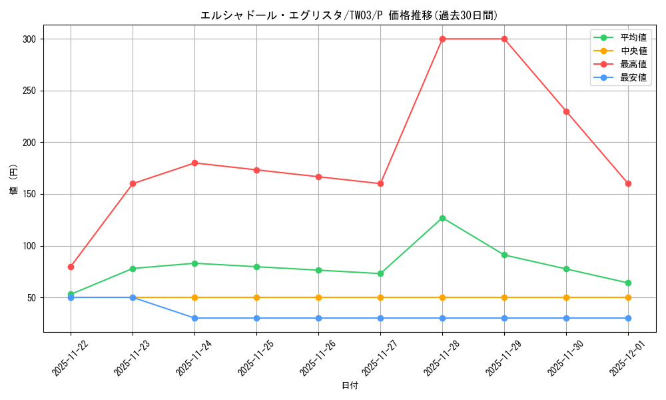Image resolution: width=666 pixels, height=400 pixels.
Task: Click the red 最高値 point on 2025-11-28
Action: click(x=442, y=39)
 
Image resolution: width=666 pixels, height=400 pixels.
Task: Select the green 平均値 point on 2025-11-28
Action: click(x=442, y=218)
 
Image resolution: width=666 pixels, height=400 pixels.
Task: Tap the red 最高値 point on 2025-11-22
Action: click(x=71, y=267)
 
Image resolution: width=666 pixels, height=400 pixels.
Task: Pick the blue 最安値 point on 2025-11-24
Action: click(x=194, y=318)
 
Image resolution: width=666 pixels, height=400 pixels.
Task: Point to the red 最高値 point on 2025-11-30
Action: click(x=566, y=111)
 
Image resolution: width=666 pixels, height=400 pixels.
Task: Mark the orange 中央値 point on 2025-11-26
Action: click(x=318, y=297)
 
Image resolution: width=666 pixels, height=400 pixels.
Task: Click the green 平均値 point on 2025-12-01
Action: click(x=628, y=283)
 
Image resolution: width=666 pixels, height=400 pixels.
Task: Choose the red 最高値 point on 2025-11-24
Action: click(x=194, y=163)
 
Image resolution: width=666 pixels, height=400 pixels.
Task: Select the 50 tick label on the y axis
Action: click(x=31, y=297)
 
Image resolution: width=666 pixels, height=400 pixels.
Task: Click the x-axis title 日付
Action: click(x=350, y=386)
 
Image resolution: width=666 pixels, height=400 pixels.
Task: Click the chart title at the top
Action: click(x=349, y=15)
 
